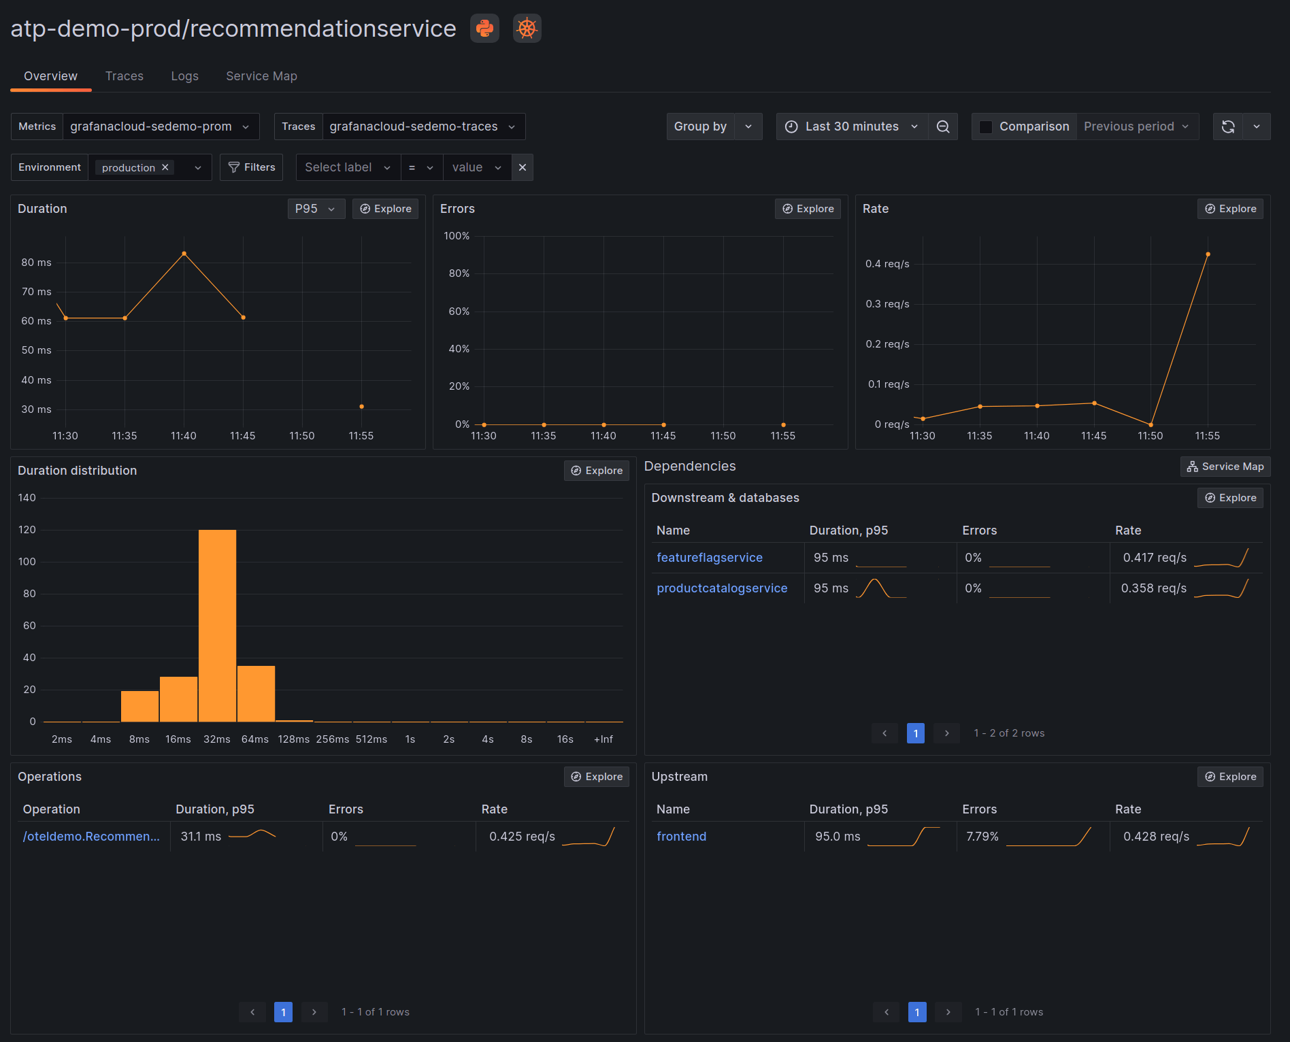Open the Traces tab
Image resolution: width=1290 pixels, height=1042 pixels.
(x=124, y=76)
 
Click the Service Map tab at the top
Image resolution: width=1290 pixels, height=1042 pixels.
(x=261, y=76)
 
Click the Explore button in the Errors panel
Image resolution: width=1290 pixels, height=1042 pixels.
(x=808, y=209)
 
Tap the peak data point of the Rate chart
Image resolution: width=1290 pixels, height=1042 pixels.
(x=1208, y=254)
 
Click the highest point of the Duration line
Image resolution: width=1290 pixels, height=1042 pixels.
(x=184, y=254)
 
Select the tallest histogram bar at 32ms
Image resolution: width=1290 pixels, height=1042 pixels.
(x=217, y=625)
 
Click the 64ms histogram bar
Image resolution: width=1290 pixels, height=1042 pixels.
(x=256, y=693)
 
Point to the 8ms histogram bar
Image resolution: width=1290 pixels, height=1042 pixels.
(x=139, y=706)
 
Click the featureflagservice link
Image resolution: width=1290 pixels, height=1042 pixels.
(x=709, y=558)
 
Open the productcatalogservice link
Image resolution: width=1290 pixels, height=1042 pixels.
(x=721, y=588)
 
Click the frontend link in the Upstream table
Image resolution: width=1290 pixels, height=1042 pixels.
(x=681, y=837)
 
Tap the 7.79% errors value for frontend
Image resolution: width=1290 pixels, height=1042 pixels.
(x=982, y=837)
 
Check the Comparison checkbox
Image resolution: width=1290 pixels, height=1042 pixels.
(x=985, y=127)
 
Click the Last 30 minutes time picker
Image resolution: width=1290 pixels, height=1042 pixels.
(x=851, y=127)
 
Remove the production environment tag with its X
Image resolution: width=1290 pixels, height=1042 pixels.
(x=165, y=167)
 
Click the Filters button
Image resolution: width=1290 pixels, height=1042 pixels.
(x=252, y=167)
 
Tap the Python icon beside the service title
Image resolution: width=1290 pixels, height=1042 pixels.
(x=484, y=29)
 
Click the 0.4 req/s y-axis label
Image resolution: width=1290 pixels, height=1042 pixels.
(x=887, y=264)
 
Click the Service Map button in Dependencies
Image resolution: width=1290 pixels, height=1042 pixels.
(x=1225, y=467)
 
